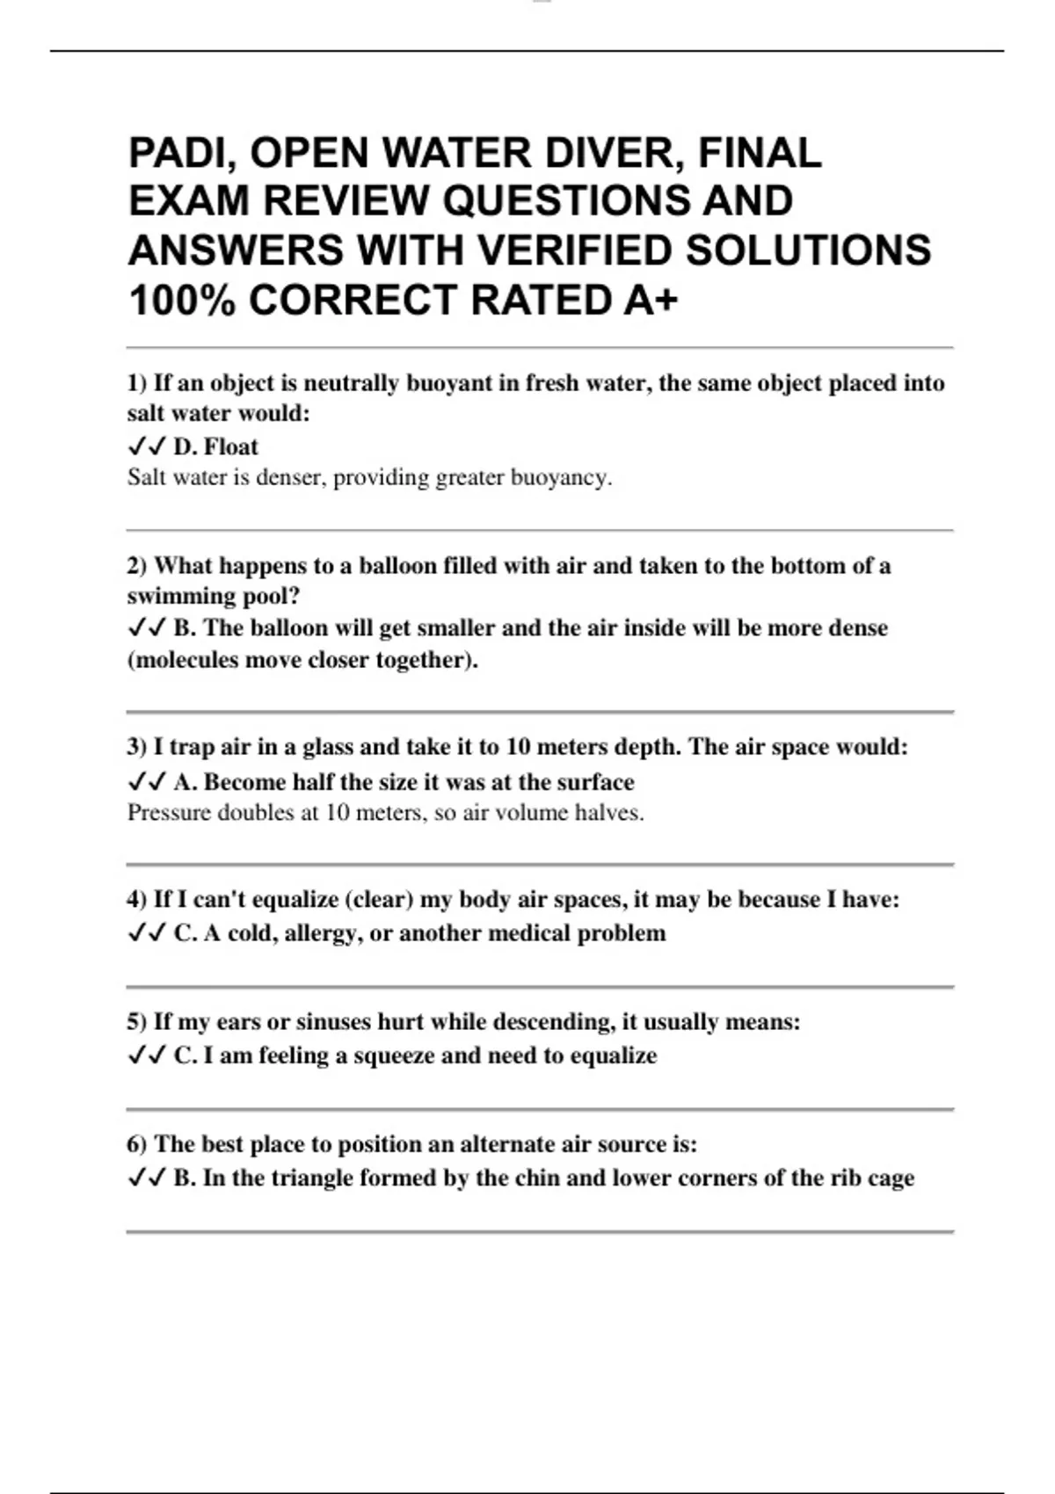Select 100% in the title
coord(182,301)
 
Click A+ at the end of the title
coord(651,301)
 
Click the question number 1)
coord(137,383)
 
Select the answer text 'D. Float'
coord(215,446)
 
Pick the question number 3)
coord(137,747)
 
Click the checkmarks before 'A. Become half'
coord(146,781)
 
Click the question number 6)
coord(137,1144)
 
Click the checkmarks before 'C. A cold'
coord(146,932)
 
